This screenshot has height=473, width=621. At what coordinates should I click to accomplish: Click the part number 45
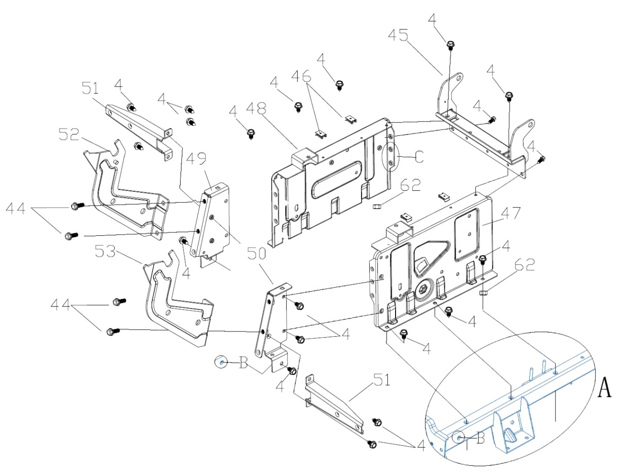[398, 36]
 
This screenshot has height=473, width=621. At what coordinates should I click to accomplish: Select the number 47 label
[510, 213]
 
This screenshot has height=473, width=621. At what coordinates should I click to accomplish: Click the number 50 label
[257, 253]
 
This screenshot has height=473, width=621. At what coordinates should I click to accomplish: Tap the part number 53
[105, 251]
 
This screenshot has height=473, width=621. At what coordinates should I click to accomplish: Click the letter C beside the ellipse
[419, 156]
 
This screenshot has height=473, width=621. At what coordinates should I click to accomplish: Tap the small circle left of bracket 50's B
[221, 363]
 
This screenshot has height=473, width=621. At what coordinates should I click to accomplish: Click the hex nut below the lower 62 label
[483, 292]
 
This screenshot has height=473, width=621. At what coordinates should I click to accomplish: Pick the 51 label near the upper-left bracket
[90, 88]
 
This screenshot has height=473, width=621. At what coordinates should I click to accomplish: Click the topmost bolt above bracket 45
[450, 45]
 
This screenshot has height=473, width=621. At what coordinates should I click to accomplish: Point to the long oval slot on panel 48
[336, 179]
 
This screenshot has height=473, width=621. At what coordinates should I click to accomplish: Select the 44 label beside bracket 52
[16, 209]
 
